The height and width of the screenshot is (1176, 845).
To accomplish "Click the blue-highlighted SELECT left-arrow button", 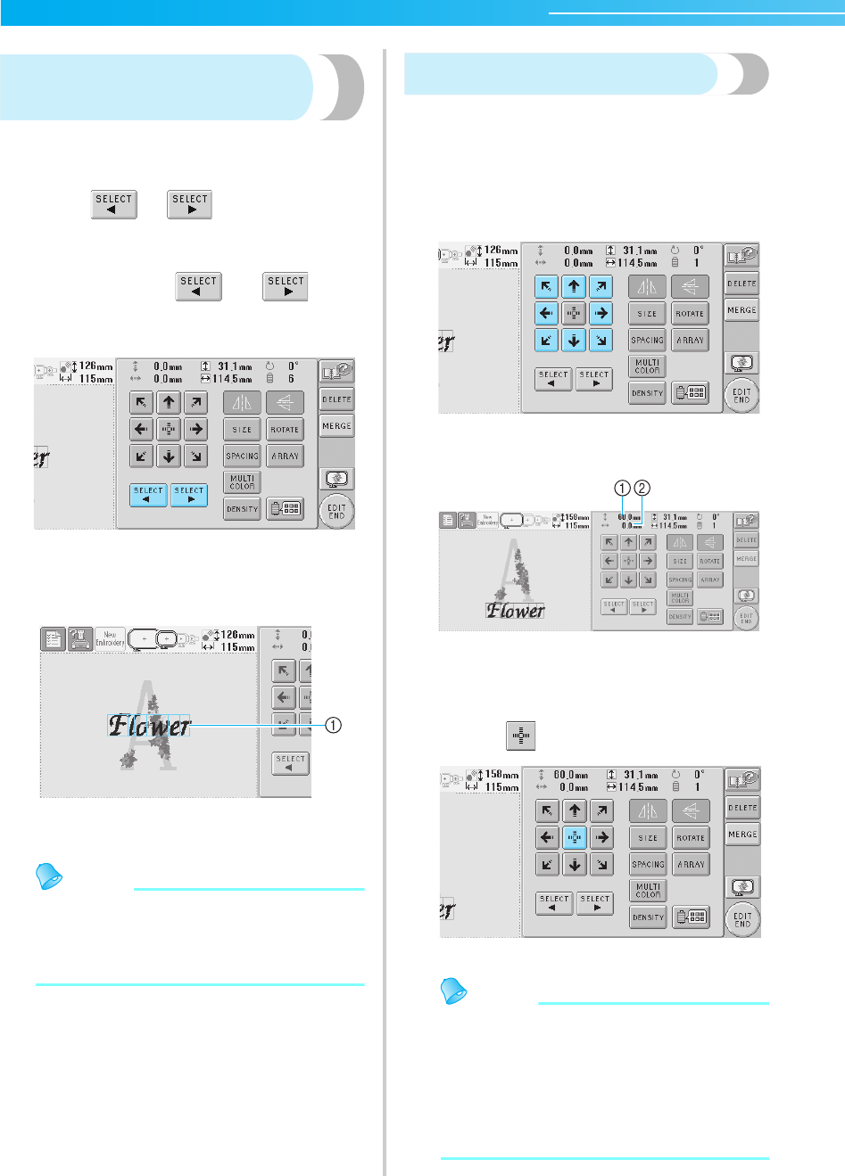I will point(148,495).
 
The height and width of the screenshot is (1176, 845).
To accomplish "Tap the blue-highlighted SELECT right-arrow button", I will point(189,495).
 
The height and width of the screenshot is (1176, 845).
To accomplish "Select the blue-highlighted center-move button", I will point(575,837).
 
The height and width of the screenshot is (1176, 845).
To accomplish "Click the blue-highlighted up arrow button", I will point(573,286).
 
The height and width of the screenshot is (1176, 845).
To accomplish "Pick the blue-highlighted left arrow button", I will point(546,313).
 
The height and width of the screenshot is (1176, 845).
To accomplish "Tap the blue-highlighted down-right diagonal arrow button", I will point(601,340).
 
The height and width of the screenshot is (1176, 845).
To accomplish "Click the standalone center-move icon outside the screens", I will point(521,736).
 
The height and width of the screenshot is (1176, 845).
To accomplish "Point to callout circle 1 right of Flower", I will point(332,725).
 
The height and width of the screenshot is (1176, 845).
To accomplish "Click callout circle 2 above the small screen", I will point(642,488).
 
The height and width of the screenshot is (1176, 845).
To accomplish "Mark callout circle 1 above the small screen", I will point(623,488).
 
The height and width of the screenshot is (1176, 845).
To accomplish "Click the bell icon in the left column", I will point(49,876).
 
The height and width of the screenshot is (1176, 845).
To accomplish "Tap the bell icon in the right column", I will point(455,991).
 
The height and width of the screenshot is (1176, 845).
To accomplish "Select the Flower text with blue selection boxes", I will point(149,726).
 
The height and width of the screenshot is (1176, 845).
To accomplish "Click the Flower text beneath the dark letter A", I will point(516,611).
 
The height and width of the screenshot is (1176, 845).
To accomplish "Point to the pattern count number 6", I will point(291,379).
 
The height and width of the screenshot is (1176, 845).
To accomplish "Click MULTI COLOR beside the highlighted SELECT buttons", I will point(242,482).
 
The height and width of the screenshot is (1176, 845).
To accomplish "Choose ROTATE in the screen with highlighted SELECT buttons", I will point(285,430).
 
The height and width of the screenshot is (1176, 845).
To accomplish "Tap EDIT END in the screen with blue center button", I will point(742,920).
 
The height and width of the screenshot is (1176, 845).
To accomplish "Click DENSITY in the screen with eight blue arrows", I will point(648,393).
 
